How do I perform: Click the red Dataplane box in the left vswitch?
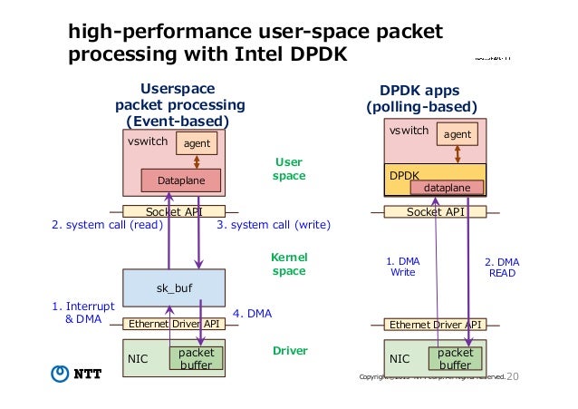pos(181,181)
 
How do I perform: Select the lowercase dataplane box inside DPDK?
pos(448,187)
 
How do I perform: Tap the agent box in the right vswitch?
pos(458,134)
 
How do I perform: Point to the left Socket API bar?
pos(174,211)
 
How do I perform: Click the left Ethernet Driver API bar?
pos(174,324)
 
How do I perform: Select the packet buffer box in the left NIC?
pos(196,357)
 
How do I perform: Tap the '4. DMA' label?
pos(253,314)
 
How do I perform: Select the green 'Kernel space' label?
pos(289,265)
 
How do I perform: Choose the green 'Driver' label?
pos(289,350)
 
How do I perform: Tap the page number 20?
pos(513,375)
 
